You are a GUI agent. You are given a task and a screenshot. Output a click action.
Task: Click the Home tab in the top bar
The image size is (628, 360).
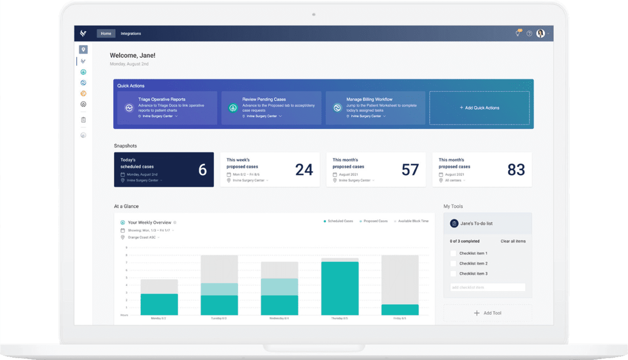pos(106,34)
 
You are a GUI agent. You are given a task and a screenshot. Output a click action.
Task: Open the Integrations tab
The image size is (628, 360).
pos(131,34)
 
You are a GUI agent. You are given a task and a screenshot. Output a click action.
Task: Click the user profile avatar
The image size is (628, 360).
pos(540,33)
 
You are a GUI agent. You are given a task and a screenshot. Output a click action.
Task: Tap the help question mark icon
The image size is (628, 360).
pos(529,34)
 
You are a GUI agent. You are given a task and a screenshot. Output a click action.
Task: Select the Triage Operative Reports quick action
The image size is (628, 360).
pos(161,99)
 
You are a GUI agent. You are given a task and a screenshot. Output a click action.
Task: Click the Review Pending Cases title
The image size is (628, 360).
pos(264,99)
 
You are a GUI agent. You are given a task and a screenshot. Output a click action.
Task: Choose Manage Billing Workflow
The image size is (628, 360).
pos(369,99)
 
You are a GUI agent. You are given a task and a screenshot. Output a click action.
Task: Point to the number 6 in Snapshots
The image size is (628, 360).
pos(202,170)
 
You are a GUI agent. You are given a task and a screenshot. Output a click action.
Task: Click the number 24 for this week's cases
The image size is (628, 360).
pos(304,170)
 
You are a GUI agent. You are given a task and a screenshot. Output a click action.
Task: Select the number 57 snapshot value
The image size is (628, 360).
pos(410,170)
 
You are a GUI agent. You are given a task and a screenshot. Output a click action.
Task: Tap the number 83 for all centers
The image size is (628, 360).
pos(516,170)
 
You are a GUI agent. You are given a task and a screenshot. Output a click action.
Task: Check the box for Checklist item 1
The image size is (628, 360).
pos(453,254)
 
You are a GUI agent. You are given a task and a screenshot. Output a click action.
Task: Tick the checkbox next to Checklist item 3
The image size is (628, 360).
pos(453,274)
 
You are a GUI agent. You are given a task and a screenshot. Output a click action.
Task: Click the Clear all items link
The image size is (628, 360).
pos(513,241)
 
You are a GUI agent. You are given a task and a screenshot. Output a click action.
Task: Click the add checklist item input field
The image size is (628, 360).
pos(487,287)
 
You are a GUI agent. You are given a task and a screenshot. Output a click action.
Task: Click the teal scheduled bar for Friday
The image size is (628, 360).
pos(400,310)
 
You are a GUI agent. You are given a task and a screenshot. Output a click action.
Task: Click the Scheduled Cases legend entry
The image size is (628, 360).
pos(338,221)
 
